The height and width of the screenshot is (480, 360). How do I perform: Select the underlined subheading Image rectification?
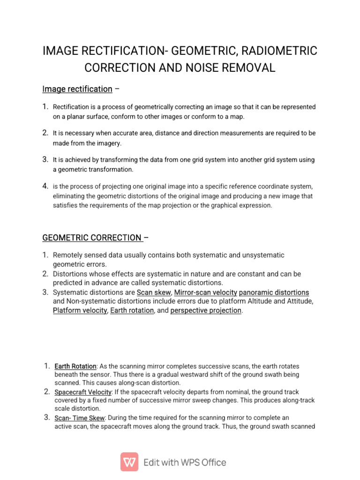(x=77, y=89)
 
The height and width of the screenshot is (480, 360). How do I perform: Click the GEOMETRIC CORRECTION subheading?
(x=92, y=238)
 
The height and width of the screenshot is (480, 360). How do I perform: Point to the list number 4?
(x=45, y=186)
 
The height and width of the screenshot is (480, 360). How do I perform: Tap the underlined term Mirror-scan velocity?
(x=205, y=292)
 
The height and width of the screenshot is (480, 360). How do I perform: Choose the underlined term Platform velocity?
(x=80, y=310)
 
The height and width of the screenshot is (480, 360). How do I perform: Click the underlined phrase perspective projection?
(x=206, y=310)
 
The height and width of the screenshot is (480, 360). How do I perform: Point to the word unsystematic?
(x=261, y=255)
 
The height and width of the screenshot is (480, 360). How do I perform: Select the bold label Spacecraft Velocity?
(x=83, y=392)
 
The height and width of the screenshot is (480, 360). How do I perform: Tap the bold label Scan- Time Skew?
(x=80, y=418)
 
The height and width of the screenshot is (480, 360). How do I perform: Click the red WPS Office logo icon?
(x=129, y=462)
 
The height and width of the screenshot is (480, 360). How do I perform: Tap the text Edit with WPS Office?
(x=185, y=462)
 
